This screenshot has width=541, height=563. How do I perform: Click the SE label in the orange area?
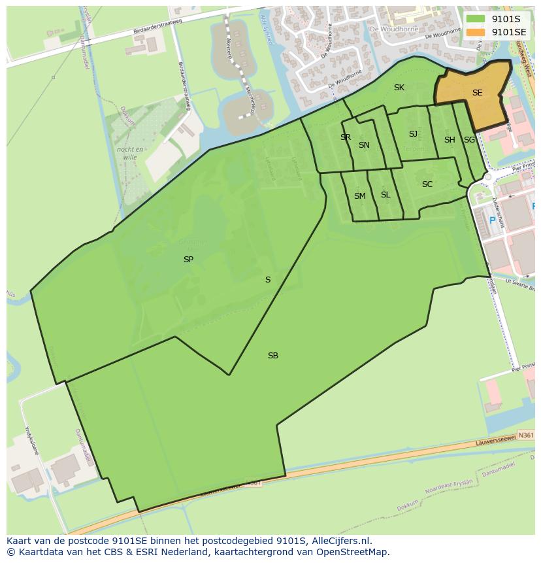(x=477, y=93)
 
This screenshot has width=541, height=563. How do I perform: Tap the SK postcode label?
(x=399, y=88)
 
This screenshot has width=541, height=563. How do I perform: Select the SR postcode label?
(x=346, y=137)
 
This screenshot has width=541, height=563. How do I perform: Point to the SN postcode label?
(x=364, y=145)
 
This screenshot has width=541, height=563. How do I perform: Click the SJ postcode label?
(x=413, y=134)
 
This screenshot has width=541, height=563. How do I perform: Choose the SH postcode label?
(x=450, y=140)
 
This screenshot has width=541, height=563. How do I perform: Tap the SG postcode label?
(x=469, y=140)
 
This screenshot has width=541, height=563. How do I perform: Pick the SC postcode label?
(x=427, y=184)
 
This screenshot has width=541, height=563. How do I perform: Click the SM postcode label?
(x=360, y=196)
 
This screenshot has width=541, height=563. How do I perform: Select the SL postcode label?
(x=385, y=195)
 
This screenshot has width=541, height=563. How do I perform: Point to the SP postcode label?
(x=188, y=260)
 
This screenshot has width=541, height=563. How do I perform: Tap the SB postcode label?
(x=273, y=356)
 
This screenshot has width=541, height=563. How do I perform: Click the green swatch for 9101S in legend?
(x=476, y=18)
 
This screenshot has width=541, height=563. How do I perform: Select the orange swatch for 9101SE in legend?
(x=476, y=31)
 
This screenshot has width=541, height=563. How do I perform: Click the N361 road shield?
(x=525, y=434)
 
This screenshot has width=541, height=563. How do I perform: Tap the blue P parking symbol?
(x=493, y=221)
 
